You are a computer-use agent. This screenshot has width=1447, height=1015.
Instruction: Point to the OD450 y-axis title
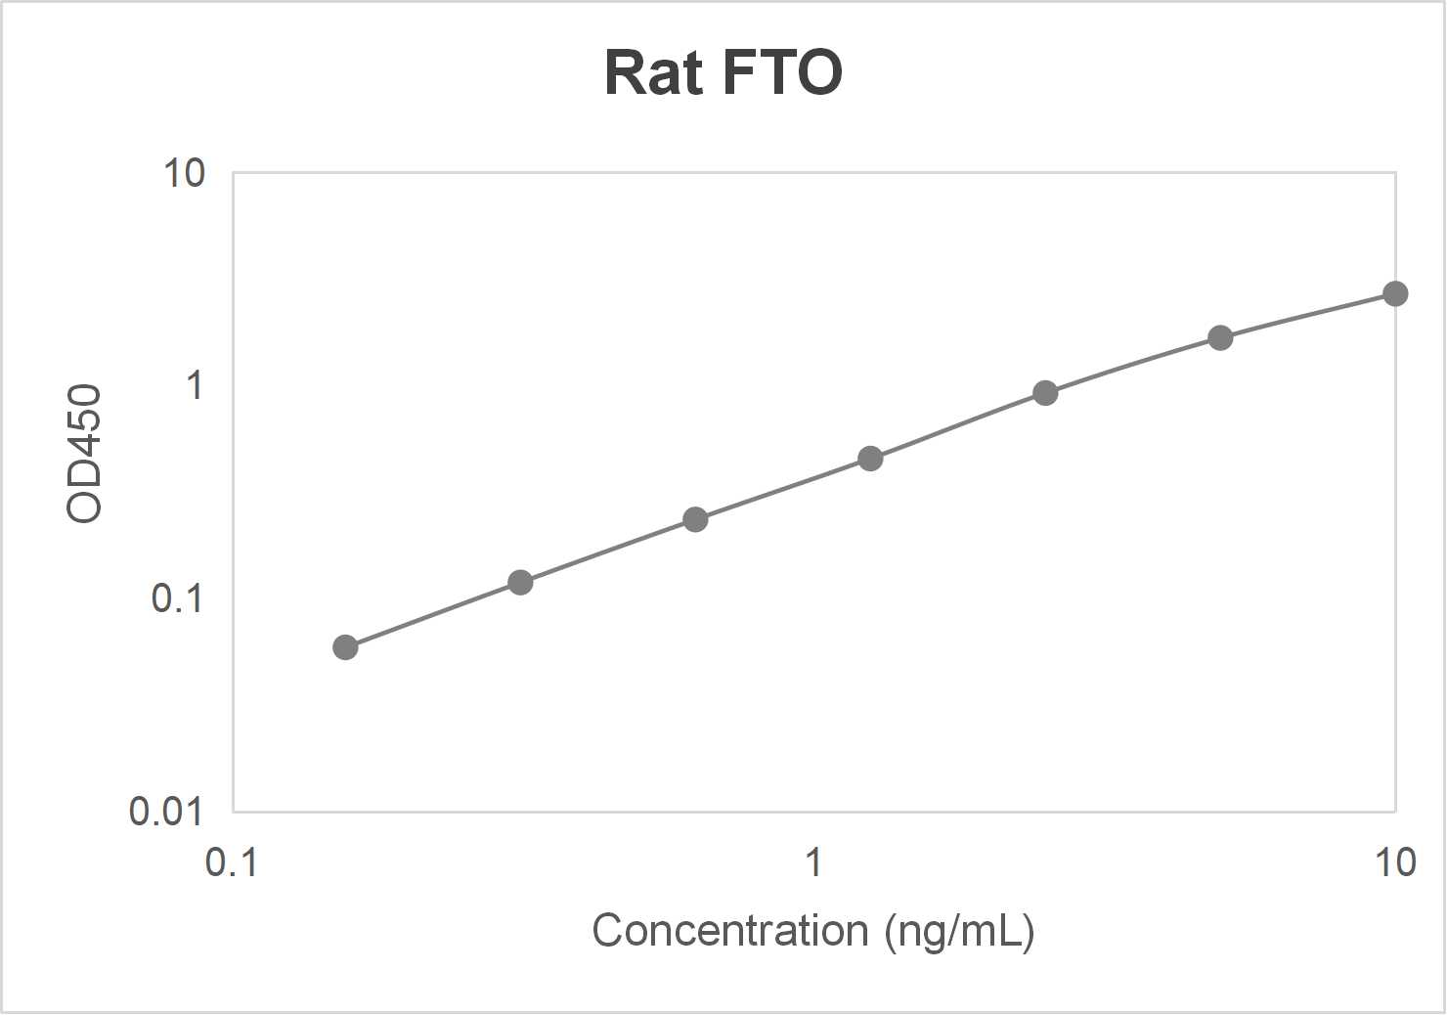point(84,454)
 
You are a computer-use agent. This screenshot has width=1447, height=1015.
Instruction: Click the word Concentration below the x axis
point(729,930)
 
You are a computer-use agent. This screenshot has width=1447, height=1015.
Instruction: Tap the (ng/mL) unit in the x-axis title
point(959,931)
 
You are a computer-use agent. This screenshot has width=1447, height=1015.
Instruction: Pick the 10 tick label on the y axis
point(184,173)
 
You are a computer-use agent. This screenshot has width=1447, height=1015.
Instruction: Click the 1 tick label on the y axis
point(195,385)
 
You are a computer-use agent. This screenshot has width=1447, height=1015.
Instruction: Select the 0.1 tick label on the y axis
point(177,597)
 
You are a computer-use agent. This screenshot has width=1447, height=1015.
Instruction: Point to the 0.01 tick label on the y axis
point(165,811)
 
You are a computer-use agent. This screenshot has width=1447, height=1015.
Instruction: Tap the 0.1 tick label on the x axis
point(232,862)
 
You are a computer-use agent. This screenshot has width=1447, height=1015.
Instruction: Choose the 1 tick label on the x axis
point(812,862)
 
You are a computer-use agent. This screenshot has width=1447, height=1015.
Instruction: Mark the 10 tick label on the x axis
point(1394,862)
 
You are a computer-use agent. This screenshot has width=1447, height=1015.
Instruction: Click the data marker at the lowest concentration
point(345,647)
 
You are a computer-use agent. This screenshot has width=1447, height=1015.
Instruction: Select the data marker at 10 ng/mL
point(1395,293)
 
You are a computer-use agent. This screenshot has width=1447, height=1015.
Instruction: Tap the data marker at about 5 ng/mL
point(1220,338)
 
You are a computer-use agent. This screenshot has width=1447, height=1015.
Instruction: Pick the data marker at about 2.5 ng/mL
point(1045,393)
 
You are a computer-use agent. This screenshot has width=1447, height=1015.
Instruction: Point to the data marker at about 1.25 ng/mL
point(870,459)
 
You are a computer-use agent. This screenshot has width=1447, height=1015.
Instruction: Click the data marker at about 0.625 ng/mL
point(695,519)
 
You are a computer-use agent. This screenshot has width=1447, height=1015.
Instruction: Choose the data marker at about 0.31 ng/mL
point(520,583)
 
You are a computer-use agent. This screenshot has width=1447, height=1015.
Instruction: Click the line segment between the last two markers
point(1308,315)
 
